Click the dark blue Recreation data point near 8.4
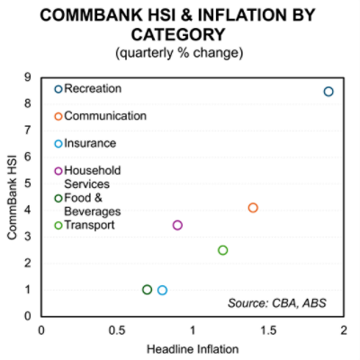coord(328,92)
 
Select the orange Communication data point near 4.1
coord(253,208)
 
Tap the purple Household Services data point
coord(177,225)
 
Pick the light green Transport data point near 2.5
coord(223,250)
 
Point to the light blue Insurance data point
coord(162,290)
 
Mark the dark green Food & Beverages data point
coord(148,290)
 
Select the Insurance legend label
coord(90,143)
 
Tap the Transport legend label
coord(89,225)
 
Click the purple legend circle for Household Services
coord(58,171)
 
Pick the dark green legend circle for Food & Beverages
coord(58,198)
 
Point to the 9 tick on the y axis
coord(31,76)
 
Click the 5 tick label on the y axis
coord(31,183)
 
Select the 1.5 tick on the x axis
coord(267,330)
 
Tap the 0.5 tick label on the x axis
coord(117,330)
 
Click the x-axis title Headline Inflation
coord(192,348)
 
